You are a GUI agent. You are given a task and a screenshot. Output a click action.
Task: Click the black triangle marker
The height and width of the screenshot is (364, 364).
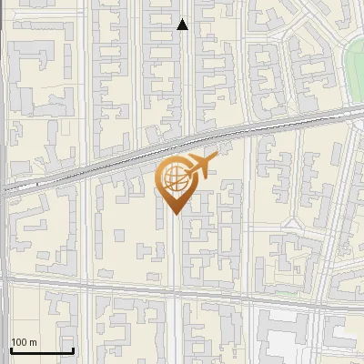pyautogui.click(x=182, y=25)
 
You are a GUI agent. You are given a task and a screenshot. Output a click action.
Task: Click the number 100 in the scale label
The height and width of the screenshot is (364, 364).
pyautogui.click(x=20, y=342)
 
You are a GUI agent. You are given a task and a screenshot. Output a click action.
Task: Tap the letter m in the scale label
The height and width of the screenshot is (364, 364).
pyautogui.click(x=34, y=342)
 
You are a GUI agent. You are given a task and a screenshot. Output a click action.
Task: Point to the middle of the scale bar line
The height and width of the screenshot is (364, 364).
pyautogui.click(x=42, y=350)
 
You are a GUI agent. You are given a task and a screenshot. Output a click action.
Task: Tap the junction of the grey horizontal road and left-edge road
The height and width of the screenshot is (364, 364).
pyautogui.click(x=4, y=279)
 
